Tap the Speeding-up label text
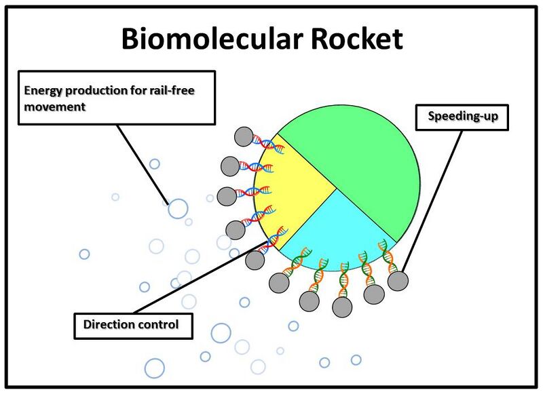coord(463,117)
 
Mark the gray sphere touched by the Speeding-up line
coord(398,280)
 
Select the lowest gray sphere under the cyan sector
coord(342,307)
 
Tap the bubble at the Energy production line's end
coord(178,208)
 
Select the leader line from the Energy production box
coord(143,163)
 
